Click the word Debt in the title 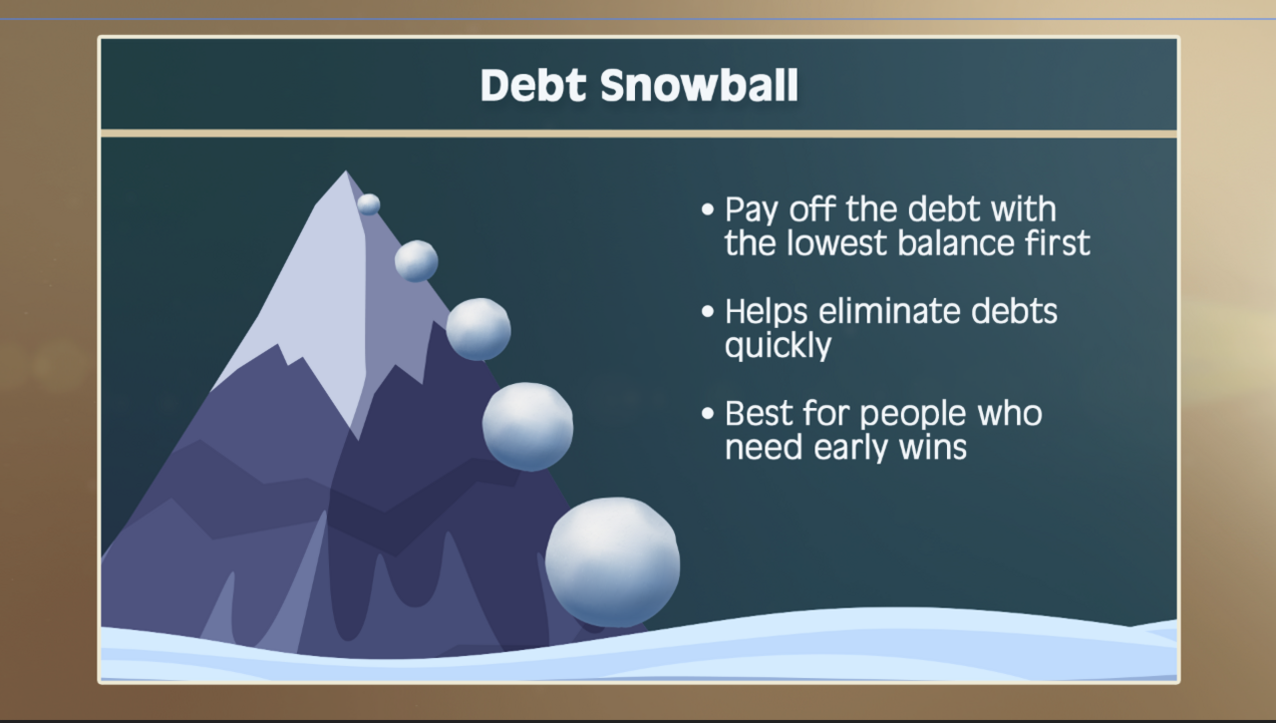[533, 87]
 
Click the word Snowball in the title [699, 87]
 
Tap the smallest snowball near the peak [369, 204]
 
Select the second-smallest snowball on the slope [416, 261]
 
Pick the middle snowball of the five [478, 329]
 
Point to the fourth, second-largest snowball [527, 426]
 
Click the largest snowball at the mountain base [612, 562]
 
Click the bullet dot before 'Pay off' [708, 210]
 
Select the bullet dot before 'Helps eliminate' [708, 311]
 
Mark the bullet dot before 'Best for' [708, 413]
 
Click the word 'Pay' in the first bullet [753, 211]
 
